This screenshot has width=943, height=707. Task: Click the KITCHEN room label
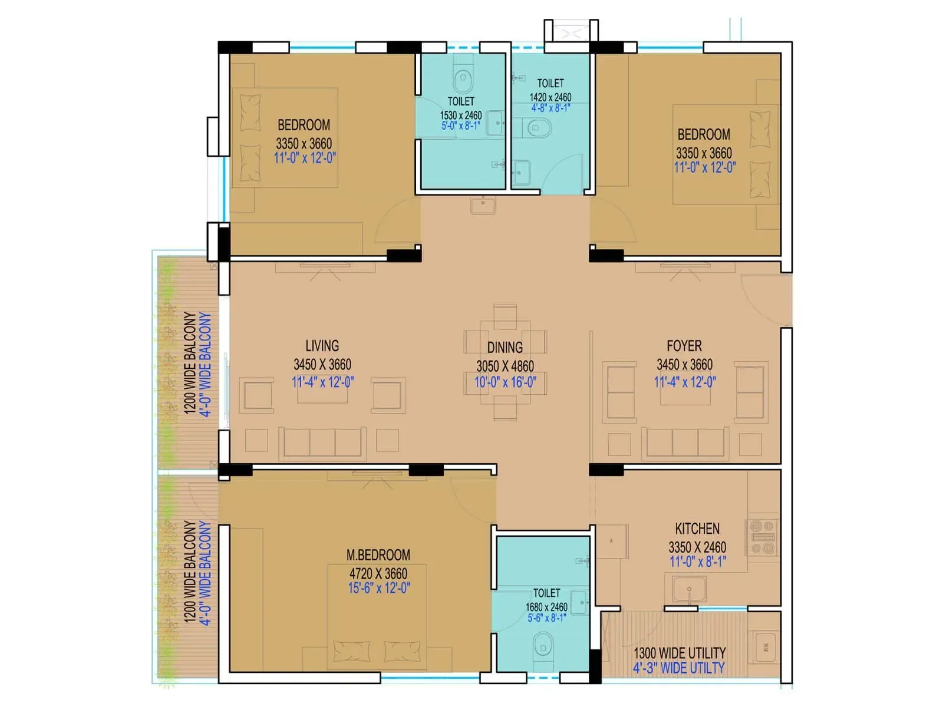click(x=697, y=528)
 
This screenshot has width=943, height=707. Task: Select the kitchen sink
click(x=689, y=589)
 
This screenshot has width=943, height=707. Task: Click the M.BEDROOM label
click(x=378, y=555)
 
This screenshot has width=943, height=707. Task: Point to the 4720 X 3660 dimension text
click(x=378, y=573)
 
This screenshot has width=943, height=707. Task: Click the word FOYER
click(x=684, y=346)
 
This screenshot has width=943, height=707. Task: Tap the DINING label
click(x=505, y=348)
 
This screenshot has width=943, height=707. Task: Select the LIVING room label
click(x=322, y=346)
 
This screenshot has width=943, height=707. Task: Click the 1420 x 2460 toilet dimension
click(x=550, y=97)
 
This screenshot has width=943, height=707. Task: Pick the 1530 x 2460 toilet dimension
click(x=460, y=115)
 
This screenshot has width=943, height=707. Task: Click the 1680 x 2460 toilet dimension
click(x=546, y=607)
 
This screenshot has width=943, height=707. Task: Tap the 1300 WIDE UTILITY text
click(x=679, y=653)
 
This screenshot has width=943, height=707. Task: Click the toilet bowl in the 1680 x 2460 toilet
click(x=543, y=645)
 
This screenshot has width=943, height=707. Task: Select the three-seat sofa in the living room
click(x=322, y=442)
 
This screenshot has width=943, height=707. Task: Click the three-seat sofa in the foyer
click(x=685, y=442)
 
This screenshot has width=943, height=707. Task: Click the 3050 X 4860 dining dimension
click(x=505, y=366)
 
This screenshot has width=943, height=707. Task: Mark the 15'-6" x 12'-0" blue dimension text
click(x=378, y=588)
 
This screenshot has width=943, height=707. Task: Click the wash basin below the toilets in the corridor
click(x=483, y=205)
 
